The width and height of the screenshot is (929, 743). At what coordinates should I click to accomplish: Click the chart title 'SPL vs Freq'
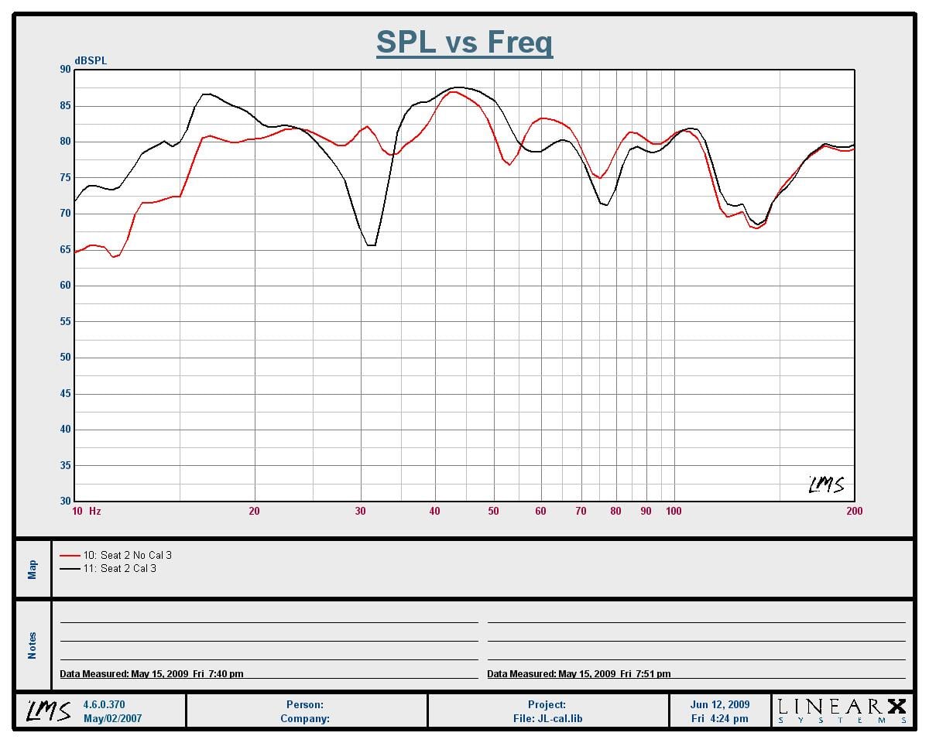pos(464,43)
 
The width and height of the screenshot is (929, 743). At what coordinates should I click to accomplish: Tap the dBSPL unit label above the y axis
pos(91,61)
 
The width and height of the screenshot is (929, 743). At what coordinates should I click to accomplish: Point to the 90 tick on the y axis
pos(65,70)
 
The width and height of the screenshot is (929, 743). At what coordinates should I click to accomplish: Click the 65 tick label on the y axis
pos(65,249)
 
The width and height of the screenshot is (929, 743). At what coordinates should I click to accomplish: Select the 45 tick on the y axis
pos(65,393)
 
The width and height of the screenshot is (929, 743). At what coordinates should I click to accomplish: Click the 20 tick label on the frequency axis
pos(254,511)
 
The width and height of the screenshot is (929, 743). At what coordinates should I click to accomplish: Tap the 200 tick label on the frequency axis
pos(855,511)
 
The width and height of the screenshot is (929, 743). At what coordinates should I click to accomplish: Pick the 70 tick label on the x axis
pos(581,511)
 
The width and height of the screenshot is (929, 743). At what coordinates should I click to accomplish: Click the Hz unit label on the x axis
pos(95,511)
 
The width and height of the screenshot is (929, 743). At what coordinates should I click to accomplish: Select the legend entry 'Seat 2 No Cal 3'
pos(115,555)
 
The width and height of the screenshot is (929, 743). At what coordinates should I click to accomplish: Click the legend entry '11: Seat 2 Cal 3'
pos(108,569)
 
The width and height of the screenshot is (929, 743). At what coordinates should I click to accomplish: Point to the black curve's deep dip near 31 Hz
pos(372,245)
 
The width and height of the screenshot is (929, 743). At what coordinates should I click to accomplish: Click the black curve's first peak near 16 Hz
pos(207,94)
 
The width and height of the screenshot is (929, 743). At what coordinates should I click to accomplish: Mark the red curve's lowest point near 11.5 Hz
pos(114,257)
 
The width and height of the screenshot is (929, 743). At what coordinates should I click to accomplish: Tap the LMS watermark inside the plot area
pos(826,484)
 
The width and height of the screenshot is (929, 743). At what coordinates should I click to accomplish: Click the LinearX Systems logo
pos(842,711)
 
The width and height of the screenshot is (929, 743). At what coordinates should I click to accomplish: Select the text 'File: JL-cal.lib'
pos(547,718)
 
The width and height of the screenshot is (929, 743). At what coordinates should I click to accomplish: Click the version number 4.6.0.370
pos(104,704)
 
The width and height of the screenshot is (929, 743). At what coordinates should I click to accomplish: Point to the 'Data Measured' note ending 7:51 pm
pos(579,673)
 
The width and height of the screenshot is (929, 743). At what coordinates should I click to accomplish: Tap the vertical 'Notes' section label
pos(32,645)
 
